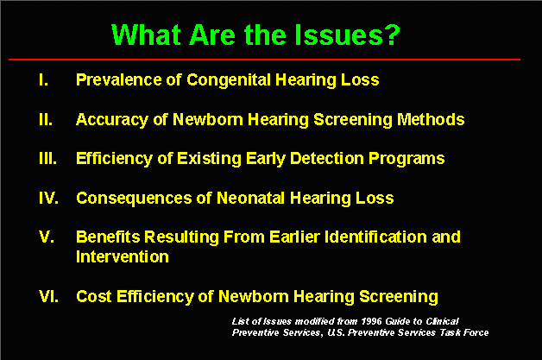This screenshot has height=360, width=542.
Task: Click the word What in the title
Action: pos(146,35)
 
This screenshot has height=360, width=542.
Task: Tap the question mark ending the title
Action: pos(394,35)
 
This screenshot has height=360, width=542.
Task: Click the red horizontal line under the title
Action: pos(264,60)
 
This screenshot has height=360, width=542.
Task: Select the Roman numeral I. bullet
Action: pos(43,80)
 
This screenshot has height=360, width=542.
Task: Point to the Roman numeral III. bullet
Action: pos(47,159)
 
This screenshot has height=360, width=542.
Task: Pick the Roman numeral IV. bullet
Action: pos(48,199)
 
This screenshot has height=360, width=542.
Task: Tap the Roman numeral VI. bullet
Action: pos(48,296)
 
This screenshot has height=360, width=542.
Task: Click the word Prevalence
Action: pos(119,80)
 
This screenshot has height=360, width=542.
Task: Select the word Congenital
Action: pos(229,80)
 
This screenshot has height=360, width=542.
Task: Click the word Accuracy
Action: pos(112,120)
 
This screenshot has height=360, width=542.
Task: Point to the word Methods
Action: pos(431,120)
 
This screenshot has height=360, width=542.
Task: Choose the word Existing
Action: pos(209,159)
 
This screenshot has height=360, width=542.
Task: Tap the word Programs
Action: pos(406,159)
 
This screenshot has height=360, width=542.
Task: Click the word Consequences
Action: pos(134,199)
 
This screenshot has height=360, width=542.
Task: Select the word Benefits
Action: pos(108,237)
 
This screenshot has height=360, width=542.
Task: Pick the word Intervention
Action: pos(123,257)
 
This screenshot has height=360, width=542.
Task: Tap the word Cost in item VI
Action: pos(94,296)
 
